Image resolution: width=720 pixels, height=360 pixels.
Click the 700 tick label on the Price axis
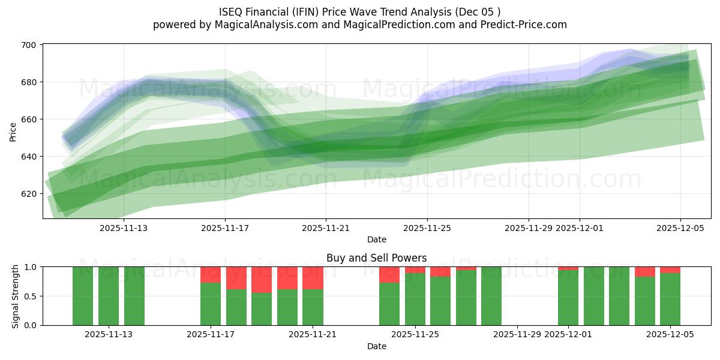(x=29, y=45)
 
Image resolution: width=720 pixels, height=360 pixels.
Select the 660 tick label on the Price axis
(x=29, y=119)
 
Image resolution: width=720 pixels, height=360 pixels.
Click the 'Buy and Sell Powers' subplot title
(x=376, y=258)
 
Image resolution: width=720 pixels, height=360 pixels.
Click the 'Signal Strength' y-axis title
(x=16, y=296)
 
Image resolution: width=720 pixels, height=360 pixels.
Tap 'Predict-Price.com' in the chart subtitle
(x=526, y=25)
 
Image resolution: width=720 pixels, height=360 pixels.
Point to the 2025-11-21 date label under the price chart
(x=326, y=228)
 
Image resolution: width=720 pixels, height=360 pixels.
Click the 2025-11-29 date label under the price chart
(x=528, y=228)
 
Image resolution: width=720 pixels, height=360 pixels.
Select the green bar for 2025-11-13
(x=109, y=296)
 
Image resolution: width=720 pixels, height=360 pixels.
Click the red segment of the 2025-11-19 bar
(x=262, y=280)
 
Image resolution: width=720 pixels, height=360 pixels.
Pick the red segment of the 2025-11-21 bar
(x=313, y=278)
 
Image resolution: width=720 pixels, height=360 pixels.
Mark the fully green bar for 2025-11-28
(x=491, y=296)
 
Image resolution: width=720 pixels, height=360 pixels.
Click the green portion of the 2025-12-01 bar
(x=568, y=298)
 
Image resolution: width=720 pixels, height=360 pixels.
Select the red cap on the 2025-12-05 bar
(x=670, y=270)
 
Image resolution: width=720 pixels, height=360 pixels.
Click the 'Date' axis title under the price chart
(x=376, y=239)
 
